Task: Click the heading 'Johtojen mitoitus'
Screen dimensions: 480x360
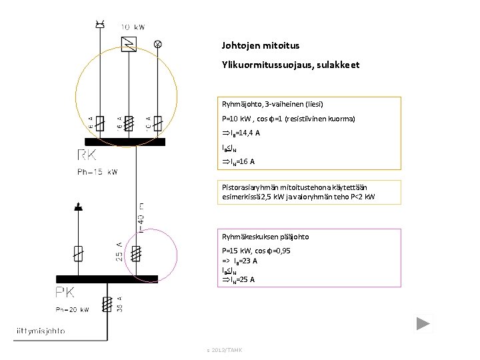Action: click(261, 46)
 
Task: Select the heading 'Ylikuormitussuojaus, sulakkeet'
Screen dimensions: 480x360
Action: click(291, 65)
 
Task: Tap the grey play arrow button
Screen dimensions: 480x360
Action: click(424, 325)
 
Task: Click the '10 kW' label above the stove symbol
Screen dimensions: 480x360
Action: click(132, 27)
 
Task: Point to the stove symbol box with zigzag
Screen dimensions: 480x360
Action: click(129, 45)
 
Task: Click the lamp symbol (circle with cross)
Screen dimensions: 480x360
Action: click(158, 44)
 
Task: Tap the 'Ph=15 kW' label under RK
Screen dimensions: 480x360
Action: click(97, 172)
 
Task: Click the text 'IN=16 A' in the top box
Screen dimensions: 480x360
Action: click(238, 162)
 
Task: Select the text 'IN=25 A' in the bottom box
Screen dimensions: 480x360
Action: click(238, 279)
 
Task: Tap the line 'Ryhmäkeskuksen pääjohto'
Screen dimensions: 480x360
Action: click(265, 237)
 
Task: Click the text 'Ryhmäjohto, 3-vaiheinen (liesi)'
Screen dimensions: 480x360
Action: click(273, 105)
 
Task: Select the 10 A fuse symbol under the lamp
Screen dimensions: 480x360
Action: click(157, 123)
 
